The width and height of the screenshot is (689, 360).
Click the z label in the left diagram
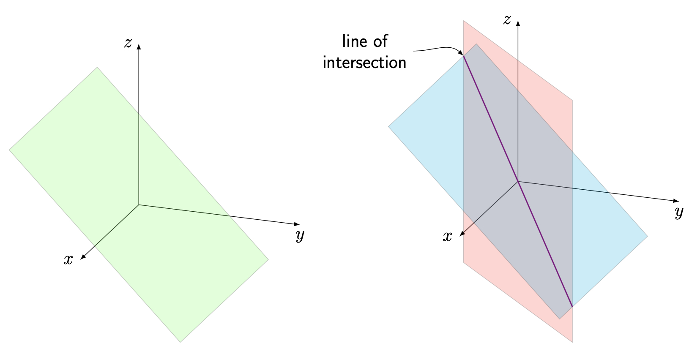coord(128,43)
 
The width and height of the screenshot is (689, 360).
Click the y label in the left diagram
coord(300,235)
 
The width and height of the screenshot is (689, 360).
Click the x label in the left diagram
coord(68,259)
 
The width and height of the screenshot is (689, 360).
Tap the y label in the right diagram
coord(679,212)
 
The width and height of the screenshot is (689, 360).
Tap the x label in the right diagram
coord(447,237)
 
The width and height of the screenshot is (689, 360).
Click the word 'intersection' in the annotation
coord(364,63)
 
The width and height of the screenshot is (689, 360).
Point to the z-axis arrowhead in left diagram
coord(139,46)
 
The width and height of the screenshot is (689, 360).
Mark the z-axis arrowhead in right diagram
coord(518,22)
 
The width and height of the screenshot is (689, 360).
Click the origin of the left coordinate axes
coord(139,205)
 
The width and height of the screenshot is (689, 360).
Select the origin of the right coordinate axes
coord(518,182)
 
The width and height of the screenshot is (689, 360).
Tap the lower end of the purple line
coord(572,306)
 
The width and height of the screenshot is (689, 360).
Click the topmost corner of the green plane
coord(97,67)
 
